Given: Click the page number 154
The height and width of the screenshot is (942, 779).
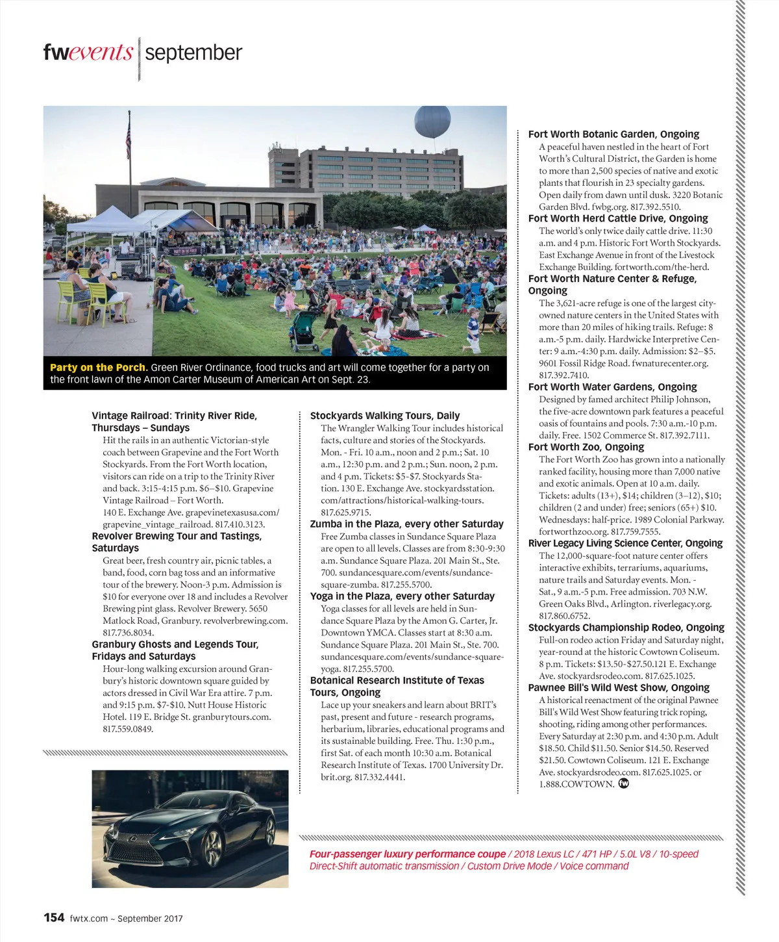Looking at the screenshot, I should (54, 917).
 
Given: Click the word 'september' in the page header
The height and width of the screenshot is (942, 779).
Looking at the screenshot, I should (193, 53).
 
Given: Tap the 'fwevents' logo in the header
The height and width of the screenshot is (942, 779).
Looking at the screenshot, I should (88, 53).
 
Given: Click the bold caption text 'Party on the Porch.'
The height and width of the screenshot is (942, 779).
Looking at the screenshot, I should (99, 368).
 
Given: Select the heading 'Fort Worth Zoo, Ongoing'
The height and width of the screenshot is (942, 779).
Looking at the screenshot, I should (586, 447).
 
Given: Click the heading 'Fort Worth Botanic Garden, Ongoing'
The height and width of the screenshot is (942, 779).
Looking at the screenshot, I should (613, 134).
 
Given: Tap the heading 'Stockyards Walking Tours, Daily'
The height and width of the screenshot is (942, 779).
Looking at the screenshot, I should (385, 416).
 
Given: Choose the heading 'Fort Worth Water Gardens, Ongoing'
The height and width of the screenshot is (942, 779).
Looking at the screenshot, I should (612, 387).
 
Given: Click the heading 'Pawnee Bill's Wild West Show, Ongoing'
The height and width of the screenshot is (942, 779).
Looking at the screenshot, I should (619, 688).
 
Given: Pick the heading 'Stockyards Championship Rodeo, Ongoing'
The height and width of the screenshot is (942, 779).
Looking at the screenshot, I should (626, 628).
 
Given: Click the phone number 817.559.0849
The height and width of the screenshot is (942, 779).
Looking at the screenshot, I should (128, 729).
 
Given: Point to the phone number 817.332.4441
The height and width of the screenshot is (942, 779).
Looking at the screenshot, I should (380, 777).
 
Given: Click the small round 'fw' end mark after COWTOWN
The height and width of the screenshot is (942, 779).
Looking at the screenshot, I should (624, 783).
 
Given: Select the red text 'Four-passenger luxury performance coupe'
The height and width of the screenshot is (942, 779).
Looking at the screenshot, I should (407, 854).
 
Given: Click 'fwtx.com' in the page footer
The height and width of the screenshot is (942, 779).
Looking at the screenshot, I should (88, 919).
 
